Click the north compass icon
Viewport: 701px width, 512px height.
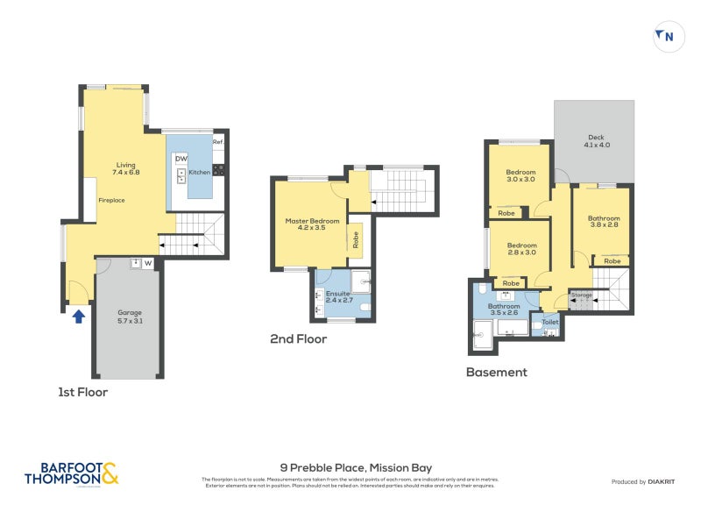665,36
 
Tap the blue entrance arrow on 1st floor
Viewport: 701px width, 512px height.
78,315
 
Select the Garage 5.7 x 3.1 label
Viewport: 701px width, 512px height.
129,317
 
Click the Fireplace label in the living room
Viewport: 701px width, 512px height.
111,200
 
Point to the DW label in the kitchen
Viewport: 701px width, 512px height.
181,158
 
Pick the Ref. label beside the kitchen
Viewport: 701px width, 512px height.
218,142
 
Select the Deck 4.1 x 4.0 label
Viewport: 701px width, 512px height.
596,140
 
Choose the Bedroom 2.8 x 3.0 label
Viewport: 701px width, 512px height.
520,248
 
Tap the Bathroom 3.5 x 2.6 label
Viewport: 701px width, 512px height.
503,309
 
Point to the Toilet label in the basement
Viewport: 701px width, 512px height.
549,323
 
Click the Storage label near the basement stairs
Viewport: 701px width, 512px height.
581,295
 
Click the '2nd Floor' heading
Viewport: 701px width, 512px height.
298,338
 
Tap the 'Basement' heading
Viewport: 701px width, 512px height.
496,372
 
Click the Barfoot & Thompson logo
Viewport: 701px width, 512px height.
71,473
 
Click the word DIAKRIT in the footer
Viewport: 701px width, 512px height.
660,482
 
